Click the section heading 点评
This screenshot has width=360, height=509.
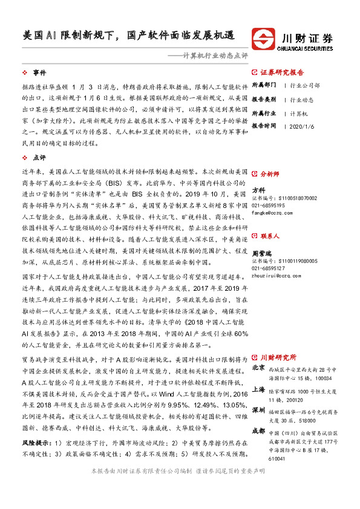click(40, 155)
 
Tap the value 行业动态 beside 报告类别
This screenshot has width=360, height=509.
click(302, 99)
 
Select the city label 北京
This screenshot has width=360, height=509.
click(258, 367)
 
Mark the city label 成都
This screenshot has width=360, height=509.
click(258, 431)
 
